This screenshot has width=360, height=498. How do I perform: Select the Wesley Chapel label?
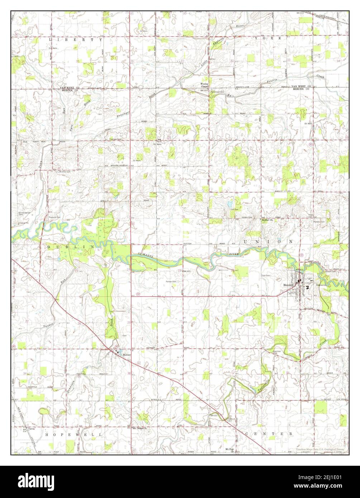(205, 85)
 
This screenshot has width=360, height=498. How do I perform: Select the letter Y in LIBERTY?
(101, 40)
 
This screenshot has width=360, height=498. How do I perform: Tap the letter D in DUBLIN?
(48, 247)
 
